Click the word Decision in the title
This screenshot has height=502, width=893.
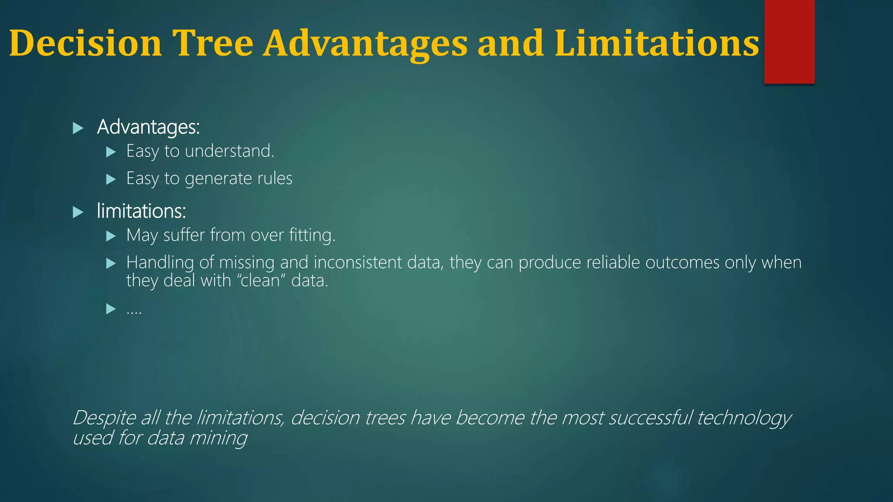[85, 43]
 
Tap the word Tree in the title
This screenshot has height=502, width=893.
[213, 43]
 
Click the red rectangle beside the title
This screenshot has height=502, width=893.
[789, 41]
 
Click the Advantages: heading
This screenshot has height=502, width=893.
[148, 127]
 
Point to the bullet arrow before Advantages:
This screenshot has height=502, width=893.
[78, 128]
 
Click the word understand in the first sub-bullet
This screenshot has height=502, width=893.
[229, 151]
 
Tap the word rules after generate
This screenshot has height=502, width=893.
[275, 178]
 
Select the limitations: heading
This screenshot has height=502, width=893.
[141, 211]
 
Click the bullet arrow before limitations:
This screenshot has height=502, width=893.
[78, 213]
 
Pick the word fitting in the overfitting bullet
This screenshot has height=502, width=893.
[312, 235]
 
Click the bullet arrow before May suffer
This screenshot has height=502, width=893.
[111, 236]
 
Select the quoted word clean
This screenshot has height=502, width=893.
[261, 281]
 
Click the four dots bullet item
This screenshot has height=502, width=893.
[134, 310]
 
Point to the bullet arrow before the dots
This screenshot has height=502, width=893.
[111, 309]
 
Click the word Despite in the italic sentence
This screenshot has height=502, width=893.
[105, 418]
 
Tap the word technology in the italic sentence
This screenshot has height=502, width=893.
[744, 418]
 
